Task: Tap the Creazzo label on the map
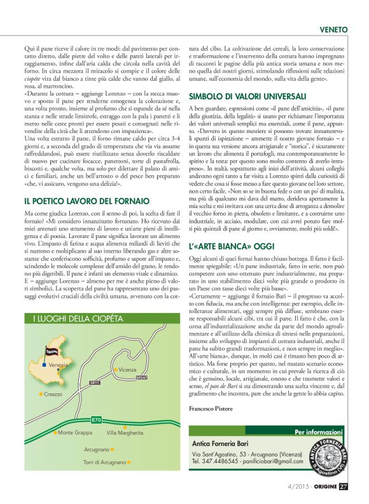[56, 395]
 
